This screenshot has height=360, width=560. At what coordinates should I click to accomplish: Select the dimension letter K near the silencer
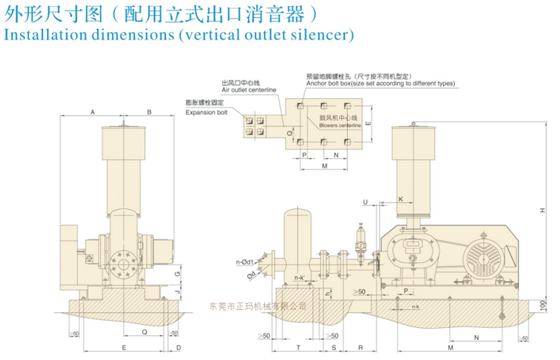(401, 199)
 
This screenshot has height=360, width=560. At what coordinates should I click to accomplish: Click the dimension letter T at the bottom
(297, 348)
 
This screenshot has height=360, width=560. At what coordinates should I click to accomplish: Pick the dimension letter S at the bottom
(334, 348)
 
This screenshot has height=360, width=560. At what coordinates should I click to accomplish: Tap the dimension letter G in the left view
(177, 273)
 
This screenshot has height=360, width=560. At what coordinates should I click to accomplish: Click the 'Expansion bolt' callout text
(206, 112)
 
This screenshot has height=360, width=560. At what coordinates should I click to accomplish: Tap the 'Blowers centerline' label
(340, 125)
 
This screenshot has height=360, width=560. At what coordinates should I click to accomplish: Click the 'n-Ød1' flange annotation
(247, 261)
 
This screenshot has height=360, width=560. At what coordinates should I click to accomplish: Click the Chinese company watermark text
(257, 305)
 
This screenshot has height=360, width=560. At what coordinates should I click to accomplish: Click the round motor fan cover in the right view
(483, 262)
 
